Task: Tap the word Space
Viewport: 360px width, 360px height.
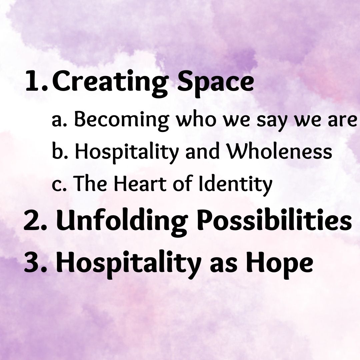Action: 216,83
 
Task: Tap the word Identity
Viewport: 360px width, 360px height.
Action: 236,185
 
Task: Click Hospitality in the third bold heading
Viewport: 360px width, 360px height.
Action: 129,264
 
